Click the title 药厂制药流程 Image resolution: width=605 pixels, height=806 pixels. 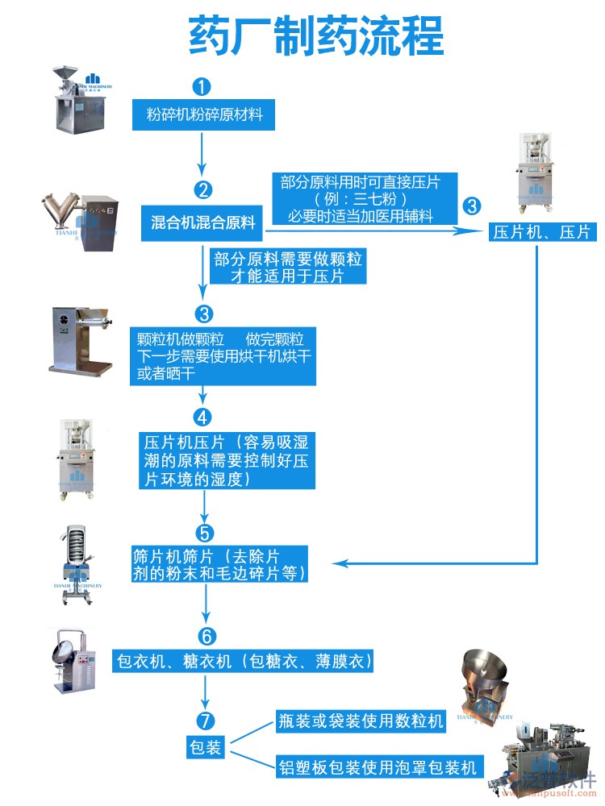(x=315, y=36)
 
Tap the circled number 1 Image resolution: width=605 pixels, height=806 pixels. (x=202, y=86)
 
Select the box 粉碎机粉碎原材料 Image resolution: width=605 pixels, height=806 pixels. (x=204, y=115)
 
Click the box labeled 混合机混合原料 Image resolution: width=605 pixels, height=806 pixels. (x=203, y=222)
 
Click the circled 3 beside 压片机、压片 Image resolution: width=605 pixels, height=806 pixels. (x=472, y=206)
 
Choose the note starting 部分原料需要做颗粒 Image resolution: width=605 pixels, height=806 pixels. (x=287, y=267)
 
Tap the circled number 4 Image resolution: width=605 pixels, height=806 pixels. (x=202, y=417)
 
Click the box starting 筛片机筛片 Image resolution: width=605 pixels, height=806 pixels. (x=220, y=565)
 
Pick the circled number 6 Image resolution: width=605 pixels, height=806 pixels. (x=206, y=634)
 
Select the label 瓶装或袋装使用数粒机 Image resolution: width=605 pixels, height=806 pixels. (x=361, y=721)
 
